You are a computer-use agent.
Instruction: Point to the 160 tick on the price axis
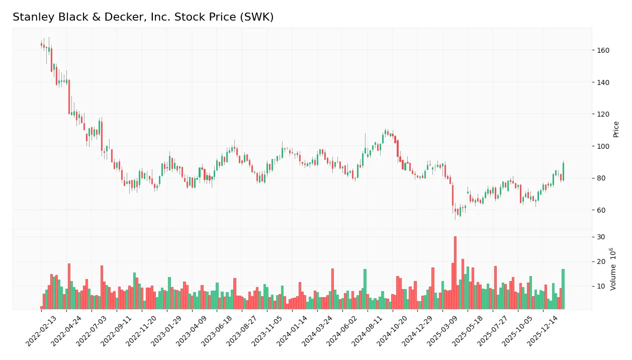[603, 50]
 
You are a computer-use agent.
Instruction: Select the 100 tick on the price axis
[603, 146]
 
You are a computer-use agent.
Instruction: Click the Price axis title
[616, 129]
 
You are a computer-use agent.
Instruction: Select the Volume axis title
[613, 269]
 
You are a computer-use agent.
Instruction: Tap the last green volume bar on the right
[563, 289]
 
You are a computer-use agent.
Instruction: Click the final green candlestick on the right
[563, 171]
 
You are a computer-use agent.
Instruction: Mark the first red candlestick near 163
[42, 45]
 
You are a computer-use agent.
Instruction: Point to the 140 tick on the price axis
[603, 82]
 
